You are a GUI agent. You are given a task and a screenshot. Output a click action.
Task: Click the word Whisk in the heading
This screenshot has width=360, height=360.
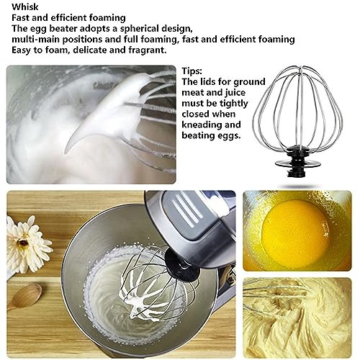click(x=25, y=6)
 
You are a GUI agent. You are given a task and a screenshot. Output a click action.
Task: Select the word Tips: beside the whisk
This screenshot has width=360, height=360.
click(x=192, y=71)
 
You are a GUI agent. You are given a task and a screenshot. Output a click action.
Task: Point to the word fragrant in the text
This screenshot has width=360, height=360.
click(x=148, y=50)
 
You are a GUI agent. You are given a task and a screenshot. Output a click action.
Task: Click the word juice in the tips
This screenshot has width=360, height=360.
click(x=235, y=93)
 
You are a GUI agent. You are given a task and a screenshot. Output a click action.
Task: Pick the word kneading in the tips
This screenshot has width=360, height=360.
click(x=202, y=125)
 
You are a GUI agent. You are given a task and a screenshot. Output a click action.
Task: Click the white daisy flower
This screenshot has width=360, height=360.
click(x=27, y=243)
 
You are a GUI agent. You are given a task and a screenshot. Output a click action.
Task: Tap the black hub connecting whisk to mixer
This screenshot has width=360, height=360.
click(x=183, y=266)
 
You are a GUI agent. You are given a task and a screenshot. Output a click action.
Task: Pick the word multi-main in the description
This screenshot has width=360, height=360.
click(x=34, y=40)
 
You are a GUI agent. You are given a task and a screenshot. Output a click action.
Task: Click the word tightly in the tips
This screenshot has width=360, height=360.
click(x=234, y=104)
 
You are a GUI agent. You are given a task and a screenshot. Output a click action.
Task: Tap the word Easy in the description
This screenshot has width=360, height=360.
click(x=22, y=50)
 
